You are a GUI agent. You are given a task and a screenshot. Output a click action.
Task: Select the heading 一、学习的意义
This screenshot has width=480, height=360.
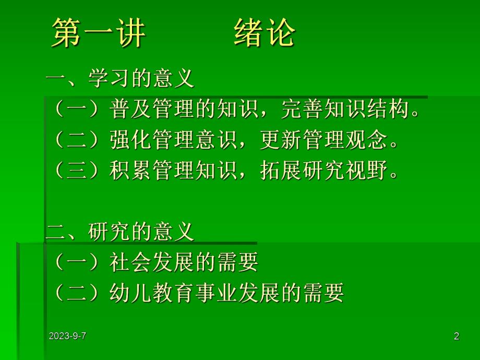(x=120, y=79)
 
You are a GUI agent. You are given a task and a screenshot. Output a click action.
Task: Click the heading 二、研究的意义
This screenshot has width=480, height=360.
(x=120, y=232)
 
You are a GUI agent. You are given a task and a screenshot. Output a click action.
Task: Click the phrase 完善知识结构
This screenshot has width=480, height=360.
(x=344, y=110)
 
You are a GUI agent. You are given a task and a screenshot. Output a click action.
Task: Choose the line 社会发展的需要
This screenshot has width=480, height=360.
(x=184, y=262)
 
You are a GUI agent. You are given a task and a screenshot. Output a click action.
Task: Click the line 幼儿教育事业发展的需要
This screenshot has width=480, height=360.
(x=227, y=293)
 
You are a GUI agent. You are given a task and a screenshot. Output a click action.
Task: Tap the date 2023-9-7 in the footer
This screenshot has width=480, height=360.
(x=67, y=337)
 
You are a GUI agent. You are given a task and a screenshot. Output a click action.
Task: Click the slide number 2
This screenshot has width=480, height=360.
(x=457, y=337)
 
